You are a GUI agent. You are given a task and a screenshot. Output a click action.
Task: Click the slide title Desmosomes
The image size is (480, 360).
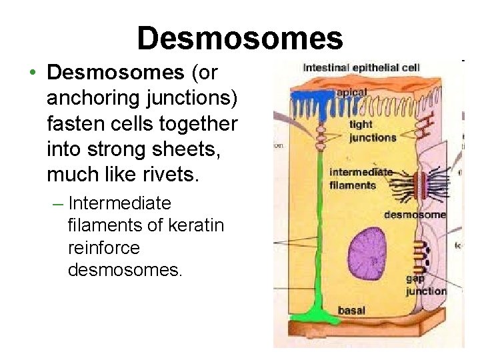click(240, 38)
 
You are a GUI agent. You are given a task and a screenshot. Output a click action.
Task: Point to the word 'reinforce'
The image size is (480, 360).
click(104, 248)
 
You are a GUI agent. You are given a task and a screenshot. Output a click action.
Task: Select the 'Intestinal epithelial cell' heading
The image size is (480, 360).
click(361, 67)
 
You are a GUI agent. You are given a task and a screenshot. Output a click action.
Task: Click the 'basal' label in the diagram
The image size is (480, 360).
click(351, 310)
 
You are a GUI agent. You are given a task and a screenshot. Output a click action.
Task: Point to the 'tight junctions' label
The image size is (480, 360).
click(372, 131)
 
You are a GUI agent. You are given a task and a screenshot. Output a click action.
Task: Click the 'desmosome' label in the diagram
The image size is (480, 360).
click(415, 215)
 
